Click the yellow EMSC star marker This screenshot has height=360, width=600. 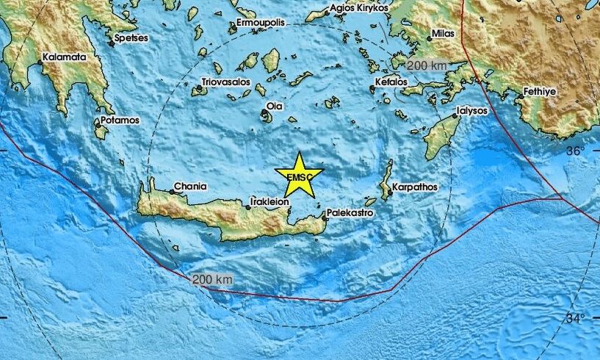coord(299,176)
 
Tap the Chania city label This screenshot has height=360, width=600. coord(190,187)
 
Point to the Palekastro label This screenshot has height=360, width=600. coord(351,212)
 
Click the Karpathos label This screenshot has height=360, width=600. coord(415,187)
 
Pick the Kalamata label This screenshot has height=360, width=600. coord(65,56)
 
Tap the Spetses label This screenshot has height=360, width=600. coord(132,37)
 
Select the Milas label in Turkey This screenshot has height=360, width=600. coord(444,34)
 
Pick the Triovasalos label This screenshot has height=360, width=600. coord(225,82)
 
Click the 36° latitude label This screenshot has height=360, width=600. coord(575,151)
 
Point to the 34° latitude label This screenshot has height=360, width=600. coord(575,318)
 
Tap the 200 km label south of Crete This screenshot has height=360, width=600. coord(213,280)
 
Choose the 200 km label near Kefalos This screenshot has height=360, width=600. coord(427,65)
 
